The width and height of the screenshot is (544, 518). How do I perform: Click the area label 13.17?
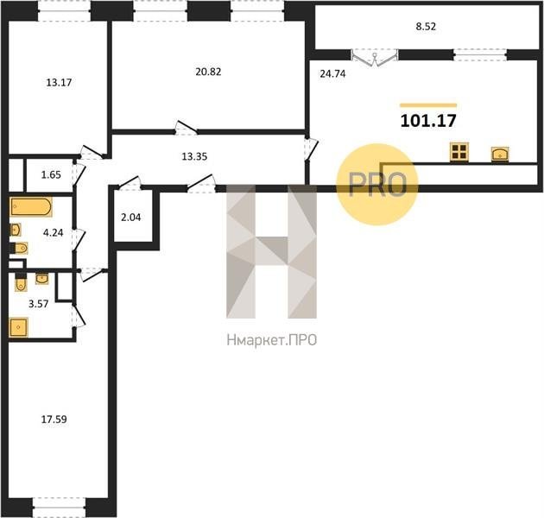[59, 83]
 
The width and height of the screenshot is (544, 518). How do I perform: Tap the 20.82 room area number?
[208, 72]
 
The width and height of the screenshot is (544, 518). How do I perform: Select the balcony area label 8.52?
[426, 27]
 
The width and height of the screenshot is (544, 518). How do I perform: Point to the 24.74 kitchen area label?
[332, 74]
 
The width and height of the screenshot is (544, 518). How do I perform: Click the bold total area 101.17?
[428, 121]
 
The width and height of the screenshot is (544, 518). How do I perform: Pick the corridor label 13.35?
[194, 156]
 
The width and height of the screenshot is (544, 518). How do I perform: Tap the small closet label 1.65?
[51, 174]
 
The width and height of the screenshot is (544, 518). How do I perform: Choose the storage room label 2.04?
[130, 218]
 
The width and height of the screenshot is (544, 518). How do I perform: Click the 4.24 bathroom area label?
[53, 233]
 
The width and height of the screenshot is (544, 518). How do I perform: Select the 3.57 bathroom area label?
[39, 304]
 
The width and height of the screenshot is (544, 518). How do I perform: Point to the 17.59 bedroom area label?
[54, 420]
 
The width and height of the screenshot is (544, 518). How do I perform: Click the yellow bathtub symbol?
[31, 207]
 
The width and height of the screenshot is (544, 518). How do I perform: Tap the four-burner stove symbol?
[459, 152]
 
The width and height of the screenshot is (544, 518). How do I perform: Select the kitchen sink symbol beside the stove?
[500, 155]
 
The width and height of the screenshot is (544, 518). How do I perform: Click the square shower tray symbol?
[19, 327]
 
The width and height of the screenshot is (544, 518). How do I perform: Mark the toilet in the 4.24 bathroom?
[20, 248]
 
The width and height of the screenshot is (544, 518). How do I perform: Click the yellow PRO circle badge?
[377, 184]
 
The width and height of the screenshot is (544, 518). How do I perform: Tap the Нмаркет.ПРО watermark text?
[272, 340]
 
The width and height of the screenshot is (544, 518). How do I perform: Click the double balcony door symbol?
[375, 58]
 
